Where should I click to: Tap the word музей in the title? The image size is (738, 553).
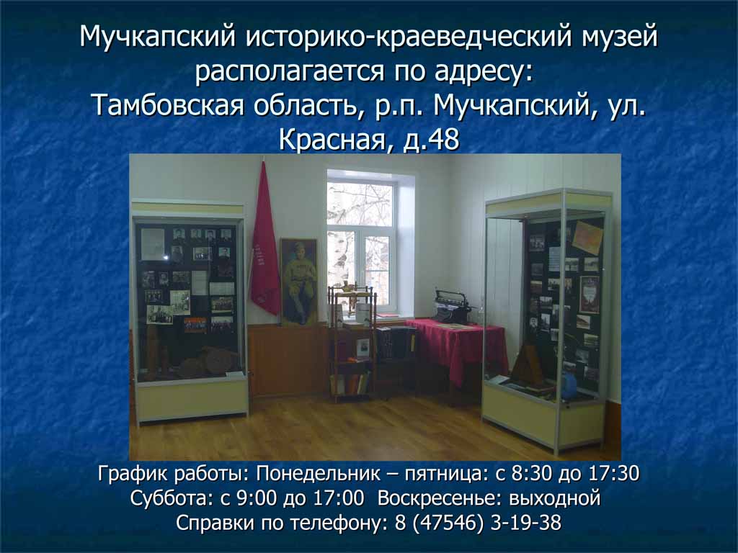(x=619, y=37)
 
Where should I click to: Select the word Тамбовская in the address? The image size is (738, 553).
(x=167, y=105)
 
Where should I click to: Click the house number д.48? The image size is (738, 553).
(x=431, y=140)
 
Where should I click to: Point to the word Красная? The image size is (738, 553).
(x=336, y=140)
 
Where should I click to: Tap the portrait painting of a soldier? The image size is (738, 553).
(x=299, y=282)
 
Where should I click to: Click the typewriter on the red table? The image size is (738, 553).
(x=453, y=307)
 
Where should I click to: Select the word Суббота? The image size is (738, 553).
(x=172, y=498)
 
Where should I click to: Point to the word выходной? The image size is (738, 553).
(x=555, y=498)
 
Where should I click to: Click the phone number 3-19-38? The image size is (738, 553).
(x=525, y=523)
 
